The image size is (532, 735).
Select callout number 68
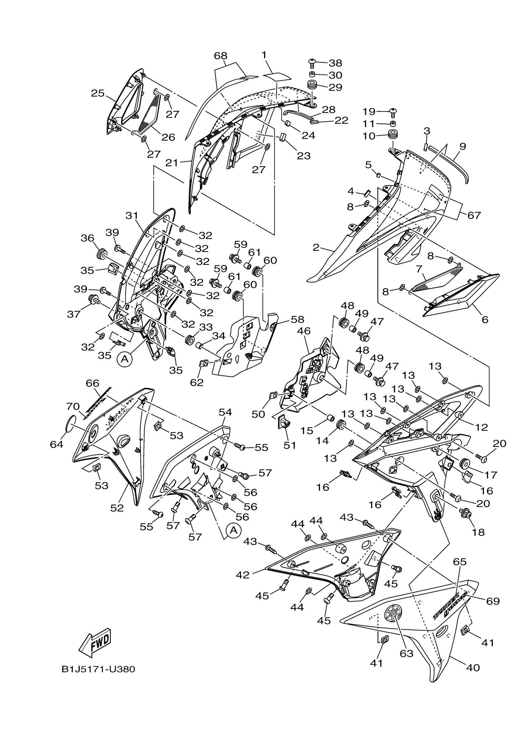tap(221, 56)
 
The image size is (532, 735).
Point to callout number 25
tap(97, 93)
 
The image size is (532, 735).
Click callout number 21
tap(171, 162)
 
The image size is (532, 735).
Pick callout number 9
tap(463, 147)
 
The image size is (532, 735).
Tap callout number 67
tap(474, 215)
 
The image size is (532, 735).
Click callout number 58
tap(298, 319)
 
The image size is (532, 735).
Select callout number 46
tap(304, 331)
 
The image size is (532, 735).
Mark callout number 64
tap(57, 444)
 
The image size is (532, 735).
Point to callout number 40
tap(473, 668)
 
